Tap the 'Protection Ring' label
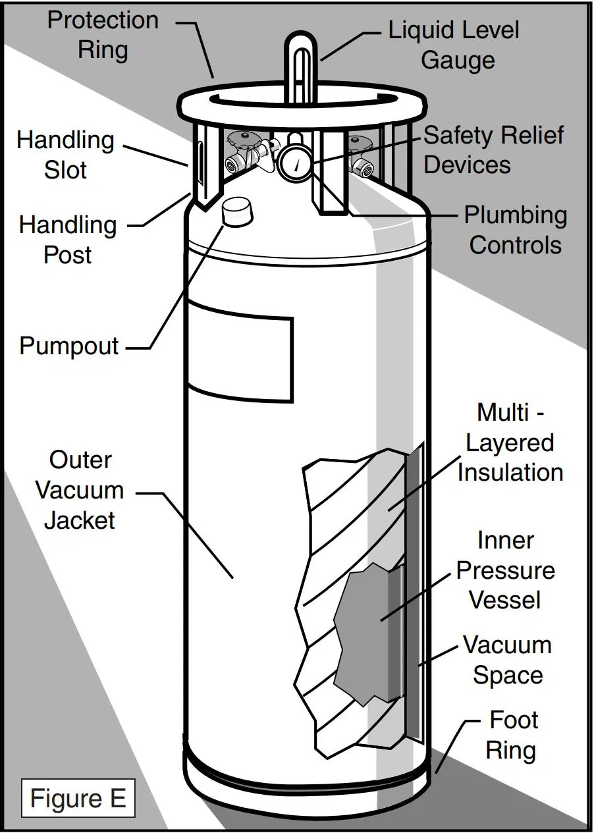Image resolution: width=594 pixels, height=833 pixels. [x=103, y=35]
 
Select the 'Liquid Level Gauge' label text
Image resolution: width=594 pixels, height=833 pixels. [x=454, y=45]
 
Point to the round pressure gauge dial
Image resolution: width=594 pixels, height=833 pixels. [x=294, y=163]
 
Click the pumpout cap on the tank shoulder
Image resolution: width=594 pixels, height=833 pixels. [x=237, y=211]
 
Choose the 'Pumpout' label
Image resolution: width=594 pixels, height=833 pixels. [x=68, y=346]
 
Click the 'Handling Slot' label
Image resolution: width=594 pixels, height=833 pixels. [x=65, y=155]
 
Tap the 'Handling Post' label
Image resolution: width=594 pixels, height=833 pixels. [x=68, y=240]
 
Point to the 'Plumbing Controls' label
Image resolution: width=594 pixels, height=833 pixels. [x=516, y=230]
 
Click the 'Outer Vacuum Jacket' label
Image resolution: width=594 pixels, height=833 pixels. [x=80, y=490]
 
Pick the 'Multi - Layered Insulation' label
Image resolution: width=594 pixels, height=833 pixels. [x=510, y=442]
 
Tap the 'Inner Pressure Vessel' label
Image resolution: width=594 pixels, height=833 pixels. [x=506, y=570]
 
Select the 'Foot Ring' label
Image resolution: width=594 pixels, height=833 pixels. [x=512, y=735]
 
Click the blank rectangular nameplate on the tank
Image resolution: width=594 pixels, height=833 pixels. [x=240, y=352]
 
